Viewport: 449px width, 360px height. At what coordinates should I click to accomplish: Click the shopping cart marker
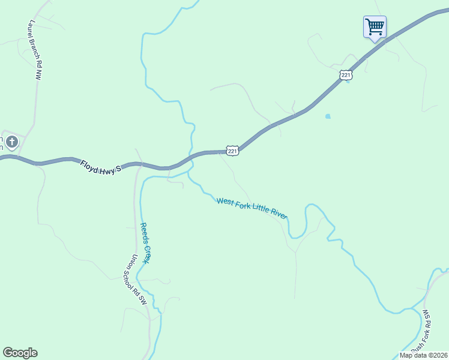pyautogui.click(x=375, y=27)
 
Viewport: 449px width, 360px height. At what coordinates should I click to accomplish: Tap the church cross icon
pyautogui.click(x=11, y=142)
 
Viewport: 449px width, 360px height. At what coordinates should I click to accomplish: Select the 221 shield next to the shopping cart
pyautogui.click(x=346, y=75)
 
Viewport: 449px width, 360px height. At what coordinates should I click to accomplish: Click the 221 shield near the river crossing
pyautogui.click(x=233, y=151)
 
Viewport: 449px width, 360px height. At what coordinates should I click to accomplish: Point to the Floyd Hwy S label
pyautogui.click(x=101, y=165)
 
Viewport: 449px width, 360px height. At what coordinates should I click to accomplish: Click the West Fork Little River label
pyautogui.click(x=252, y=208)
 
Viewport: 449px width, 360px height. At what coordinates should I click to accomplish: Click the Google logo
pyautogui.click(x=20, y=353)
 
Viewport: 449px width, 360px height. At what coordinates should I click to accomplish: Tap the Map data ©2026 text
pyautogui.click(x=424, y=355)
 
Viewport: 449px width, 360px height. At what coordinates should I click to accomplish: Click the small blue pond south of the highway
pyautogui.click(x=327, y=116)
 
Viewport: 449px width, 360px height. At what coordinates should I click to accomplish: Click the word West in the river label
pyautogui.click(x=224, y=202)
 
